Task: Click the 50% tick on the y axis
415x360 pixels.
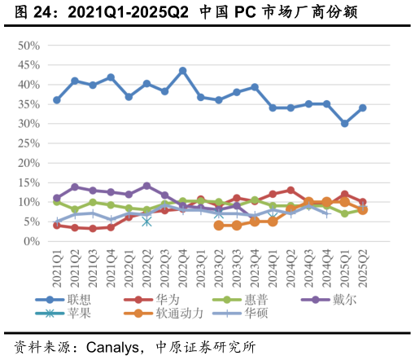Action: (29, 46)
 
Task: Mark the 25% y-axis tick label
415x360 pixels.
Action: (29, 143)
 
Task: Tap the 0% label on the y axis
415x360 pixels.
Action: (33, 241)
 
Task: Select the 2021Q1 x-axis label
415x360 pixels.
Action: (57, 267)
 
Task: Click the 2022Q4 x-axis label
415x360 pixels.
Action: (182, 267)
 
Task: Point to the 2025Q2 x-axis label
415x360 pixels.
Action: (363, 267)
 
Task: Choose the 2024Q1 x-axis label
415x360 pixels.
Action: (273, 267)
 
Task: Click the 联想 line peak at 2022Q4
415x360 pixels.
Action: (182, 71)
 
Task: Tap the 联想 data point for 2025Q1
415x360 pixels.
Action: (345, 124)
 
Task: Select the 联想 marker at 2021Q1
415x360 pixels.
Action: (57, 100)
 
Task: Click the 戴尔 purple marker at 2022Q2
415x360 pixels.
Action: (146, 186)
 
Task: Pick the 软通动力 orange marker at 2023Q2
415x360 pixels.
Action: (219, 225)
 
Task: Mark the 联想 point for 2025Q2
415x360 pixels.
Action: (363, 108)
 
